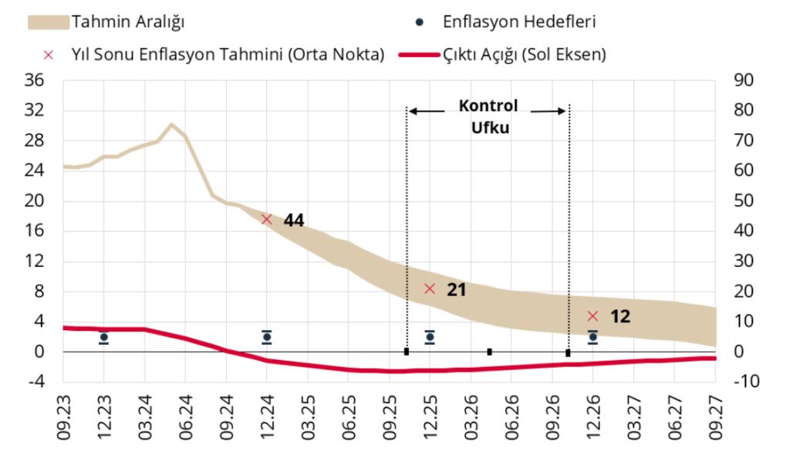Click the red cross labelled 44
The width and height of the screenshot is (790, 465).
[267, 219]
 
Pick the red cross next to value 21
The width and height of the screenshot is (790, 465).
[430, 289]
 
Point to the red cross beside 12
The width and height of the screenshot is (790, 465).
[592, 316]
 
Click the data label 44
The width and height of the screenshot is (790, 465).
[294, 221]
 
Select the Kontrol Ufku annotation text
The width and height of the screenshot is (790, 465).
[489, 116]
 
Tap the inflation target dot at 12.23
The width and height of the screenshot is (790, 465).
[103, 337]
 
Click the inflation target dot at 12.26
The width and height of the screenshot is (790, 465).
[592, 337]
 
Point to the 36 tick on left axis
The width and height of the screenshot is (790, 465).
[35, 80]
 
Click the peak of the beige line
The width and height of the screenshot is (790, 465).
[171, 124]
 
